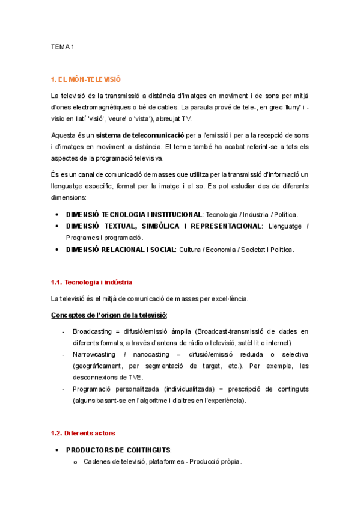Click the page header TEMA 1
pos(62,46)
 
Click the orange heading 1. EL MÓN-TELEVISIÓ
pos(86,79)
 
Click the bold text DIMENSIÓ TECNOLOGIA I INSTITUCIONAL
pos(133,214)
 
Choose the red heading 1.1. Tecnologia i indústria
pos(91,282)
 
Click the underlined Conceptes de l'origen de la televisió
pos(109,315)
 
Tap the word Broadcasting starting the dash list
pos(93,331)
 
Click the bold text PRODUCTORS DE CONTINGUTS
pos(118,450)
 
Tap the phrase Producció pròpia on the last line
pos(215,462)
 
